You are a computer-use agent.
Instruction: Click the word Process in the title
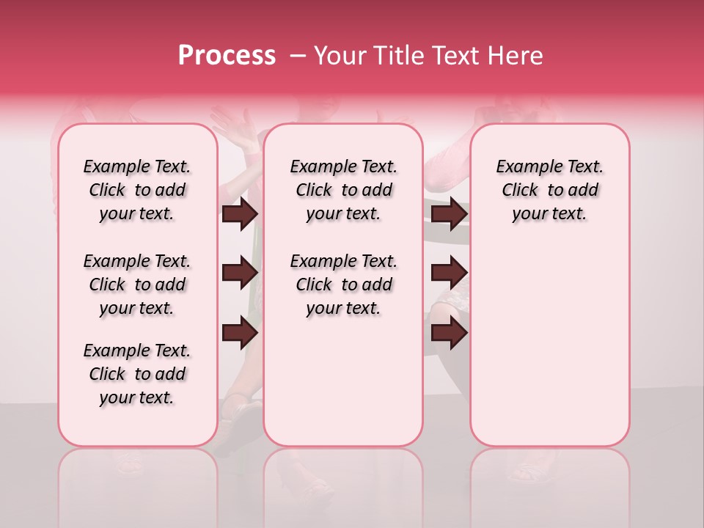[x=226, y=56]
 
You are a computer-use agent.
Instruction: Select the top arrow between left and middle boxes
[x=240, y=213]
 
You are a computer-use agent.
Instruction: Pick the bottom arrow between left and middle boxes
[x=240, y=334]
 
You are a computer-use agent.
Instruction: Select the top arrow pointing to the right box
[x=449, y=213]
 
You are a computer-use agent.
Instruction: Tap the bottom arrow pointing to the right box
[x=449, y=334]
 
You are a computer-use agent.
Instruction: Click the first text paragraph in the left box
[x=137, y=190]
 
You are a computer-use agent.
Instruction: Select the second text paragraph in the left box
[x=137, y=285]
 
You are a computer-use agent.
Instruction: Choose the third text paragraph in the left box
[x=137, y=374]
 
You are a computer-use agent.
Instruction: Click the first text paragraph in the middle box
[x=343, y=190]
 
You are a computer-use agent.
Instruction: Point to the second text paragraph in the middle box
[x=343, y=285]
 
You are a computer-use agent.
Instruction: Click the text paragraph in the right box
[x=549, y=190]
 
